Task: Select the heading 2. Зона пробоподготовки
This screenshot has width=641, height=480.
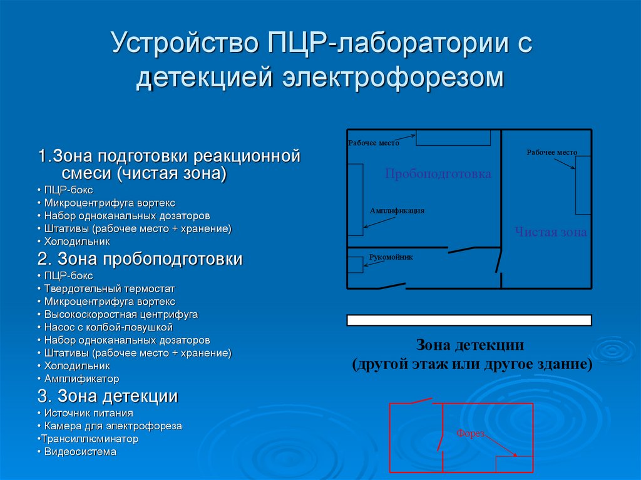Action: coord(140,259)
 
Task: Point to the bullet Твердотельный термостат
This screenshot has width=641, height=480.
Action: coord(110,289)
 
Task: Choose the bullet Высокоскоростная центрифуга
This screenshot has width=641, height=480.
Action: coord(121,314)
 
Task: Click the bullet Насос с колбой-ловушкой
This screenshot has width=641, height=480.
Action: coord(108,327)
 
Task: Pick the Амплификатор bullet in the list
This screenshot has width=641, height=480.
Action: coord(81,379)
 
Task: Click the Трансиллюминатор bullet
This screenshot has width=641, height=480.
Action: coord(89,439)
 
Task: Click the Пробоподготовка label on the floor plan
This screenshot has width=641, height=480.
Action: coord(438,174)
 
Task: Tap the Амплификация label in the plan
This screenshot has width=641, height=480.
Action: coord(397,211)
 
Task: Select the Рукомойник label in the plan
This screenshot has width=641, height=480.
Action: coord(391,257)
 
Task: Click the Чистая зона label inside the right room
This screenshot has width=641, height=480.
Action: coord(551,232)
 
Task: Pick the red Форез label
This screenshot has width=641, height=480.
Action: coord(470,433)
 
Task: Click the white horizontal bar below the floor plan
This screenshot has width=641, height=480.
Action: coord(469,320)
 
